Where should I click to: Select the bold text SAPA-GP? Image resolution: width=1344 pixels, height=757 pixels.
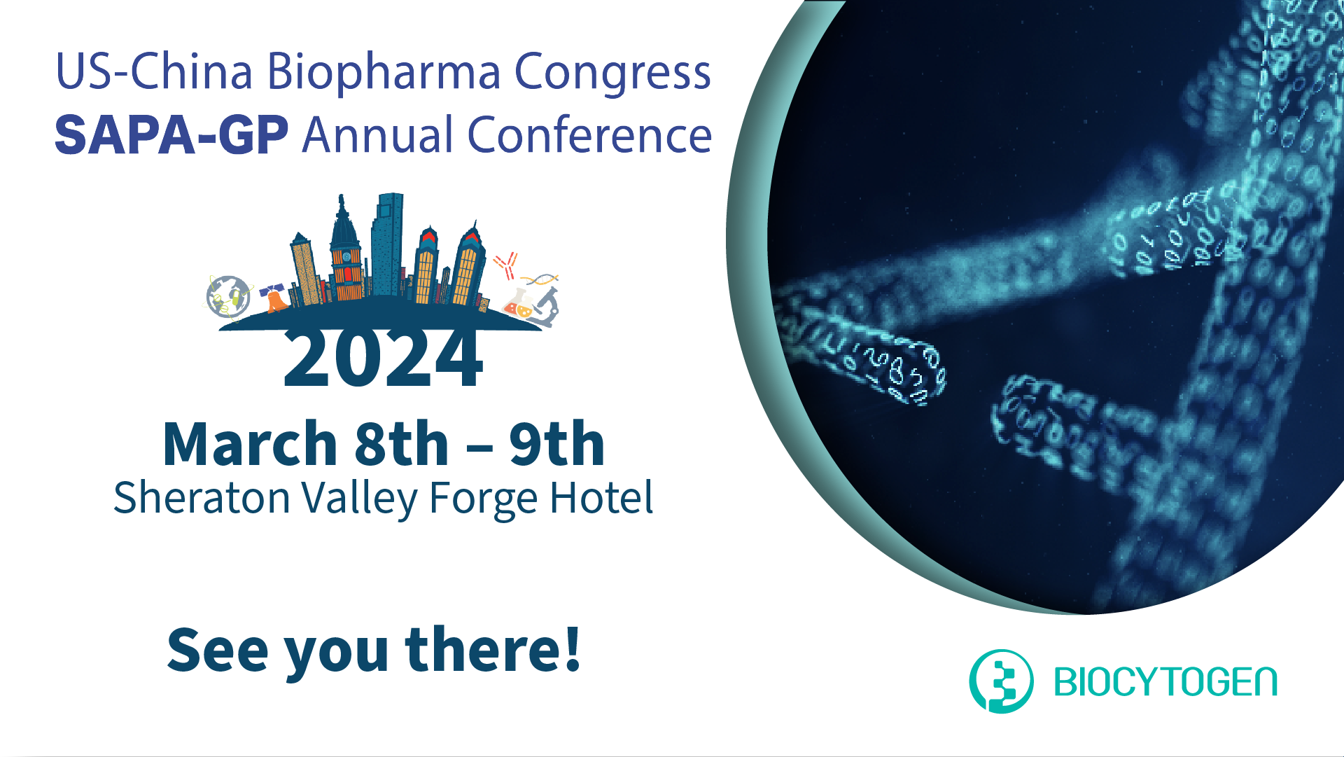[x=171, y=134]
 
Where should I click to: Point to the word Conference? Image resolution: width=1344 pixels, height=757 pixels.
[x=589, y=134]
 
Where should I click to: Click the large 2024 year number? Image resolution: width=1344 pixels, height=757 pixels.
[x=383, y=359]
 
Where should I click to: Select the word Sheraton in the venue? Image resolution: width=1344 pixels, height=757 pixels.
[x=202, y=498]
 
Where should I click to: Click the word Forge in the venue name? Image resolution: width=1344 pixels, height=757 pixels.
[x=484, y=499]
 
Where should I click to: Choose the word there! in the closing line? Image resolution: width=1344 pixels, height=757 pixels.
[x=493, y=649]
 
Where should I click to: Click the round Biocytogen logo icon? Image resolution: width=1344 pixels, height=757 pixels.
[x=1001, y=681]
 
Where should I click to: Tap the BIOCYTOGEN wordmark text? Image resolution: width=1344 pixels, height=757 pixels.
[x=1165, y=682]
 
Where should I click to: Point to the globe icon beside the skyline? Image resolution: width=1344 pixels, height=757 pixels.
[x=228, y=296]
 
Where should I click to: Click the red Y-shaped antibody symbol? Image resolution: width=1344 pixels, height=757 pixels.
[x=505, y=265]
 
